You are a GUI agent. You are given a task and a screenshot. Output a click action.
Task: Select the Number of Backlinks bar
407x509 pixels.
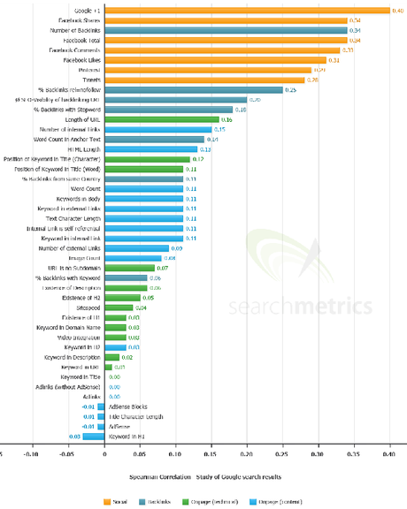[226, 30]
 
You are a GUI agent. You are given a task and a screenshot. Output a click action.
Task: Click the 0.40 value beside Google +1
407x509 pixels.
[397, 11]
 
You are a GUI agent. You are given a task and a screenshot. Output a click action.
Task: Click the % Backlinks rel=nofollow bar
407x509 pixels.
[193, 89]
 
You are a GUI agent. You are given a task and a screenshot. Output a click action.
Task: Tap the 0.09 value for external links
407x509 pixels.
[176, 248]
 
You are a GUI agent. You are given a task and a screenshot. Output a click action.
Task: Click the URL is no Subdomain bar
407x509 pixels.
[129, 268]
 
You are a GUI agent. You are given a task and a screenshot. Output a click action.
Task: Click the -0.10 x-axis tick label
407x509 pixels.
[32, 455]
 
